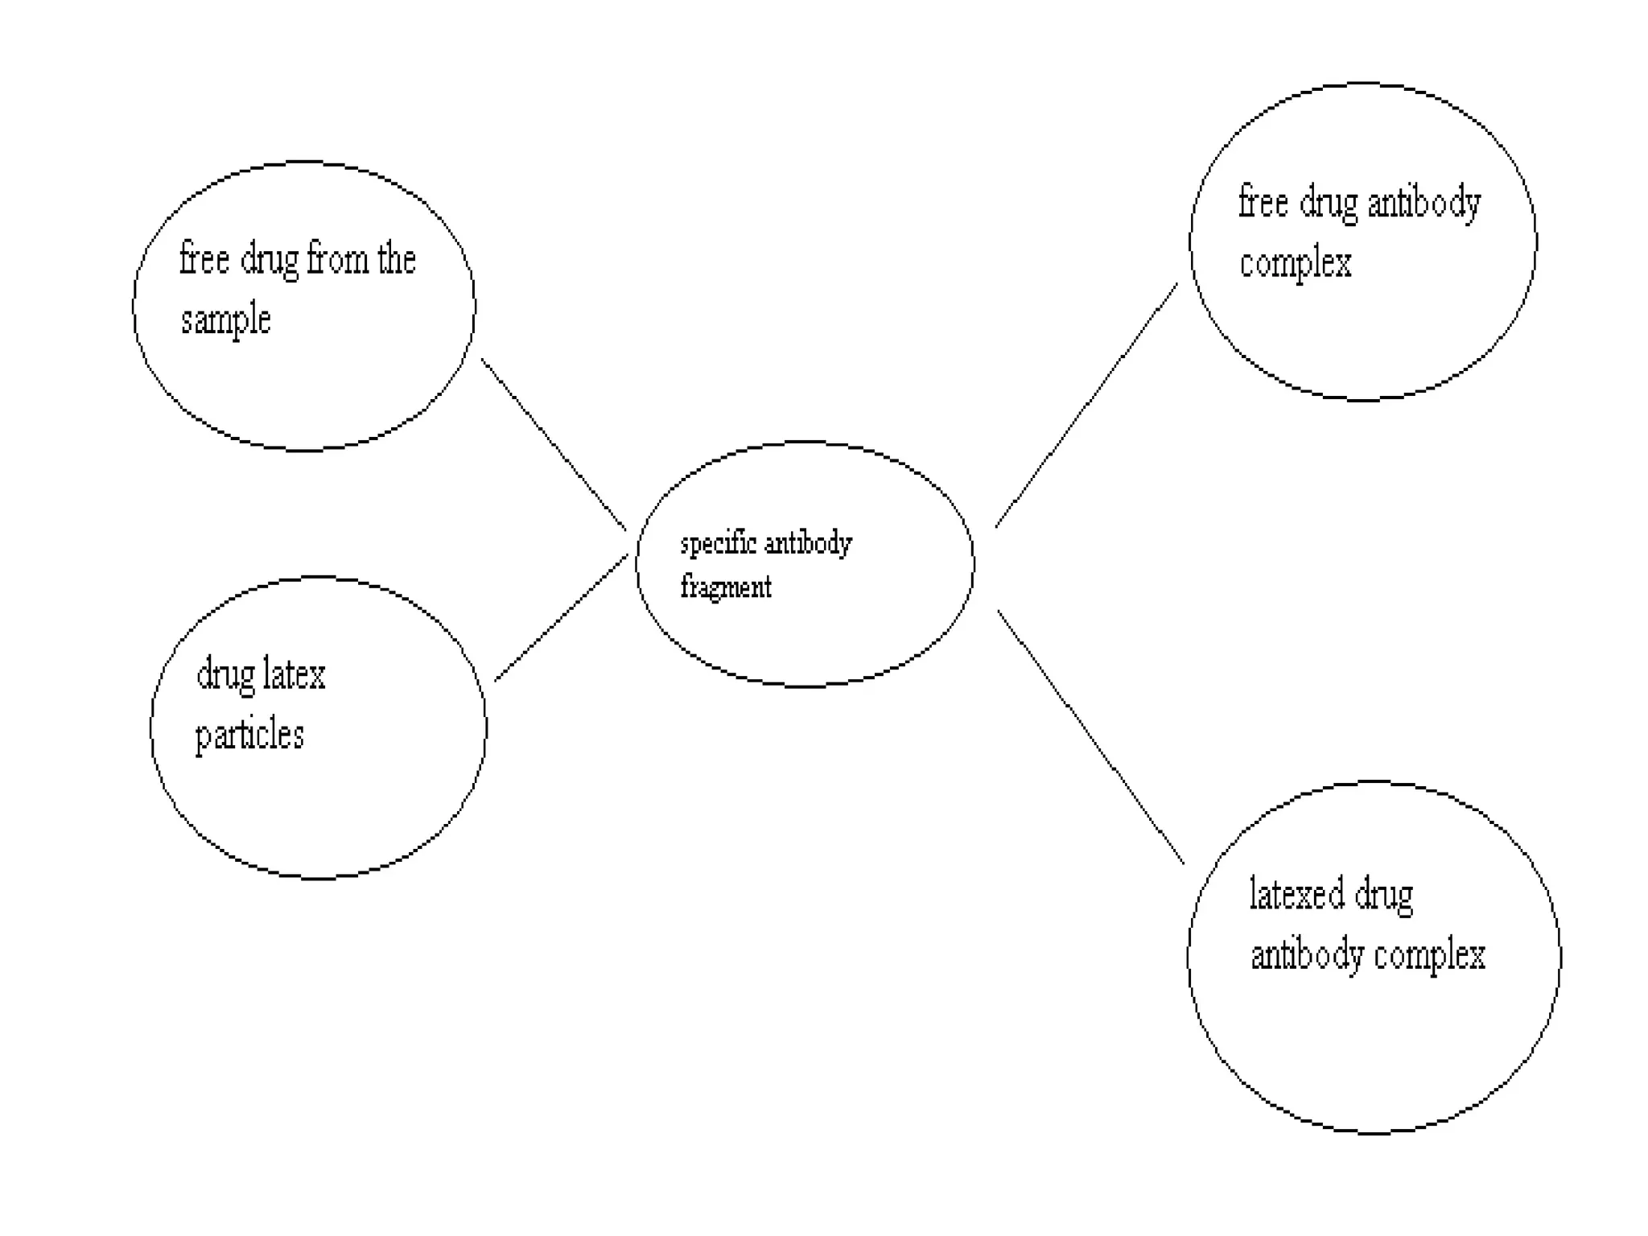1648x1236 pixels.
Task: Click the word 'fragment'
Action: pos(726,587)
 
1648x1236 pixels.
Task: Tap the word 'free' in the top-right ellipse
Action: pos(1263,201)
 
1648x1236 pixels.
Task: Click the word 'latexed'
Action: pos(1296,895)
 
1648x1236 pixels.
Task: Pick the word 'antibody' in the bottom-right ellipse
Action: pos(1307,956)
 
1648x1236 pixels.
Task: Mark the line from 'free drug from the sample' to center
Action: pos(554,444)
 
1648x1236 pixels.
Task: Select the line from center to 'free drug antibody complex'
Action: pos(1086,406)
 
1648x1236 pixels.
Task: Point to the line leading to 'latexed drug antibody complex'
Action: pos(1090,736)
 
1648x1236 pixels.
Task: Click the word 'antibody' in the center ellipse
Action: pos(808,545)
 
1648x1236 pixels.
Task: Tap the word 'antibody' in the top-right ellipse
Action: pos(1423,203)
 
